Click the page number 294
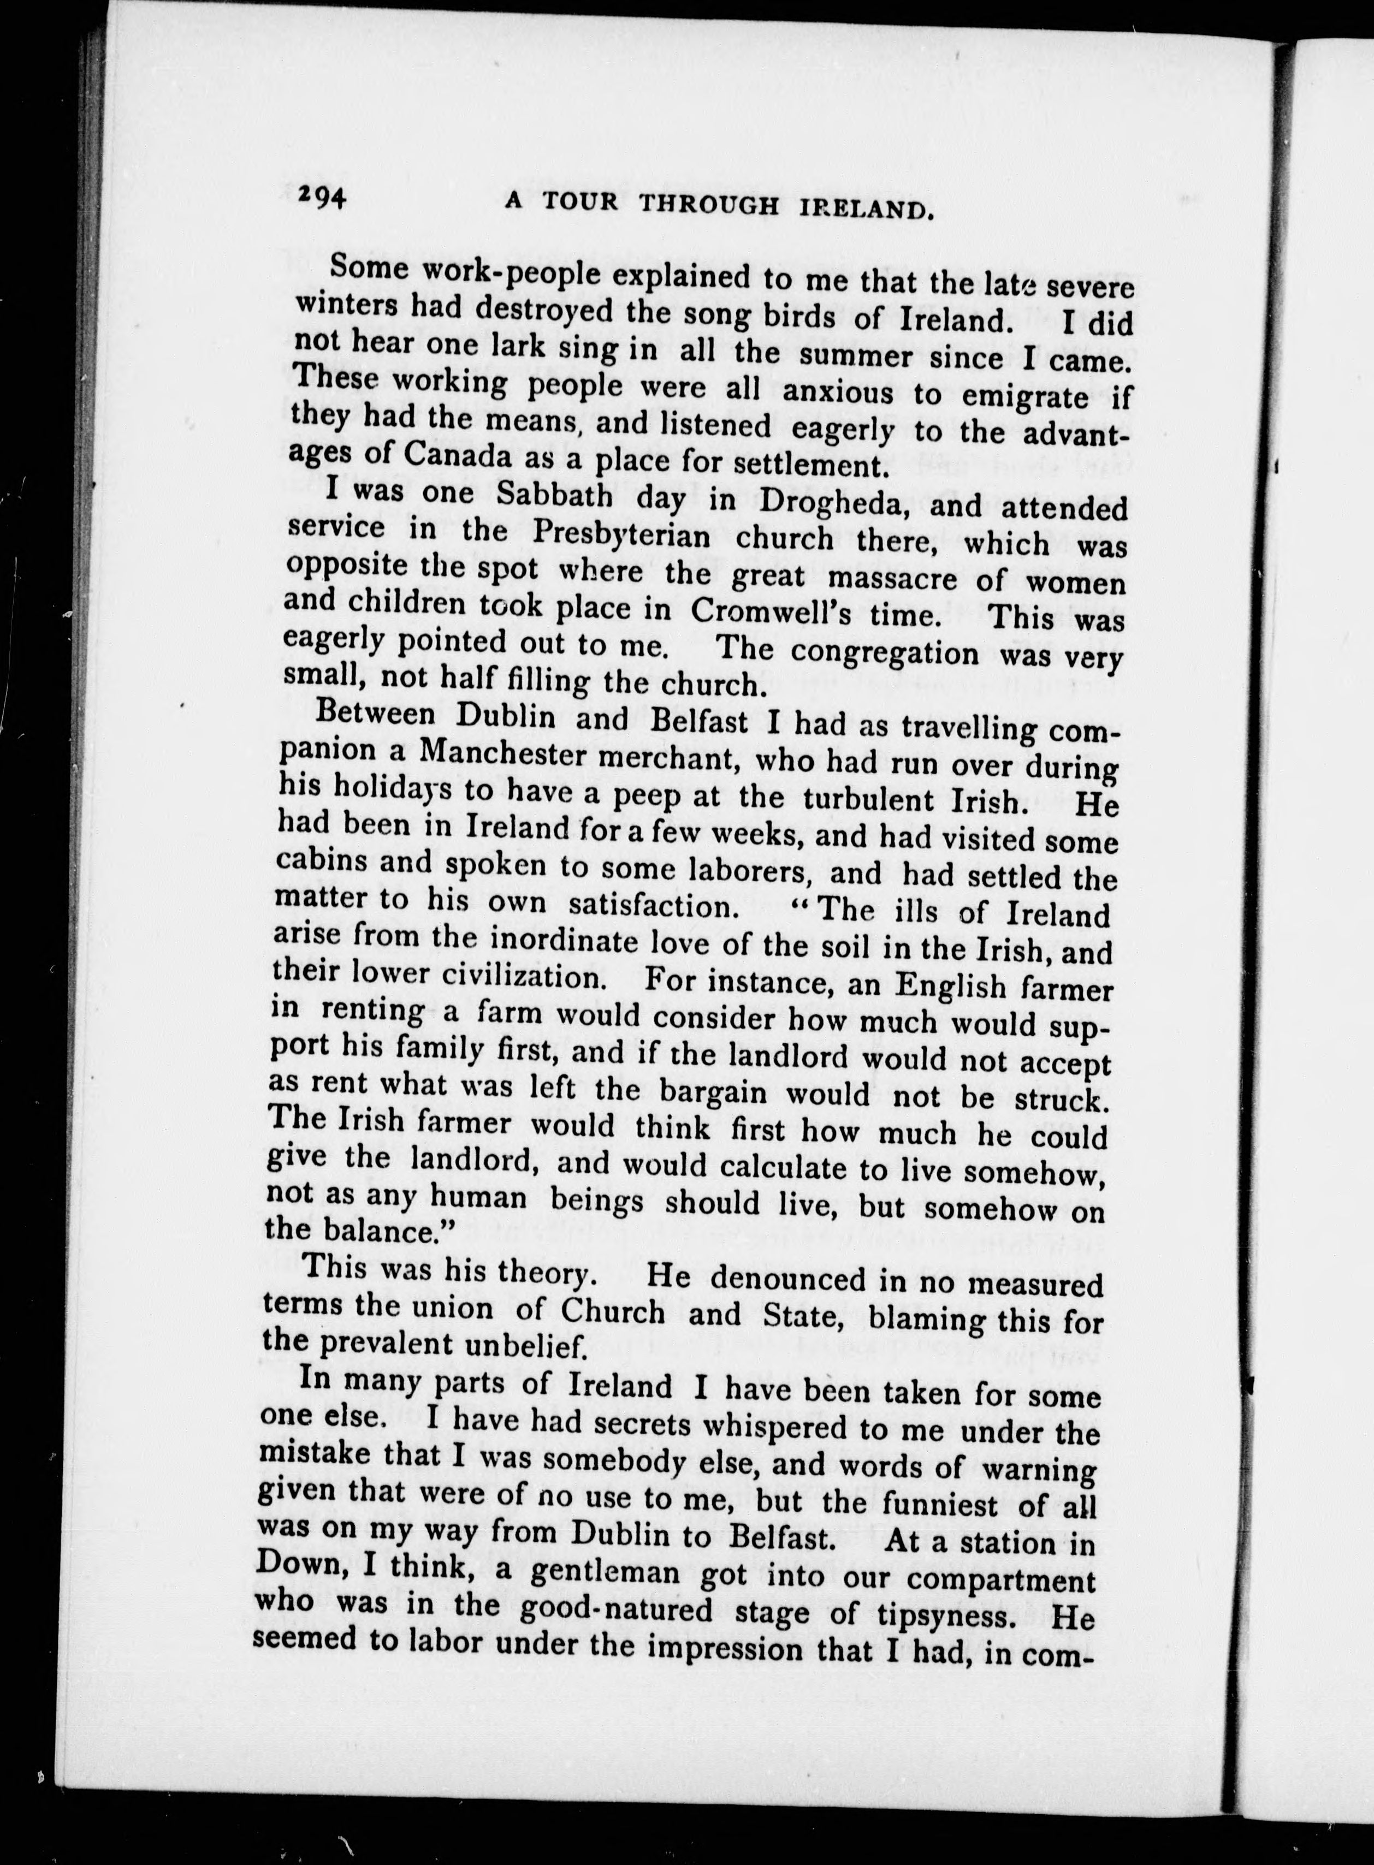(x=322, y=197)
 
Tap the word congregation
(x=885, y=653)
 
